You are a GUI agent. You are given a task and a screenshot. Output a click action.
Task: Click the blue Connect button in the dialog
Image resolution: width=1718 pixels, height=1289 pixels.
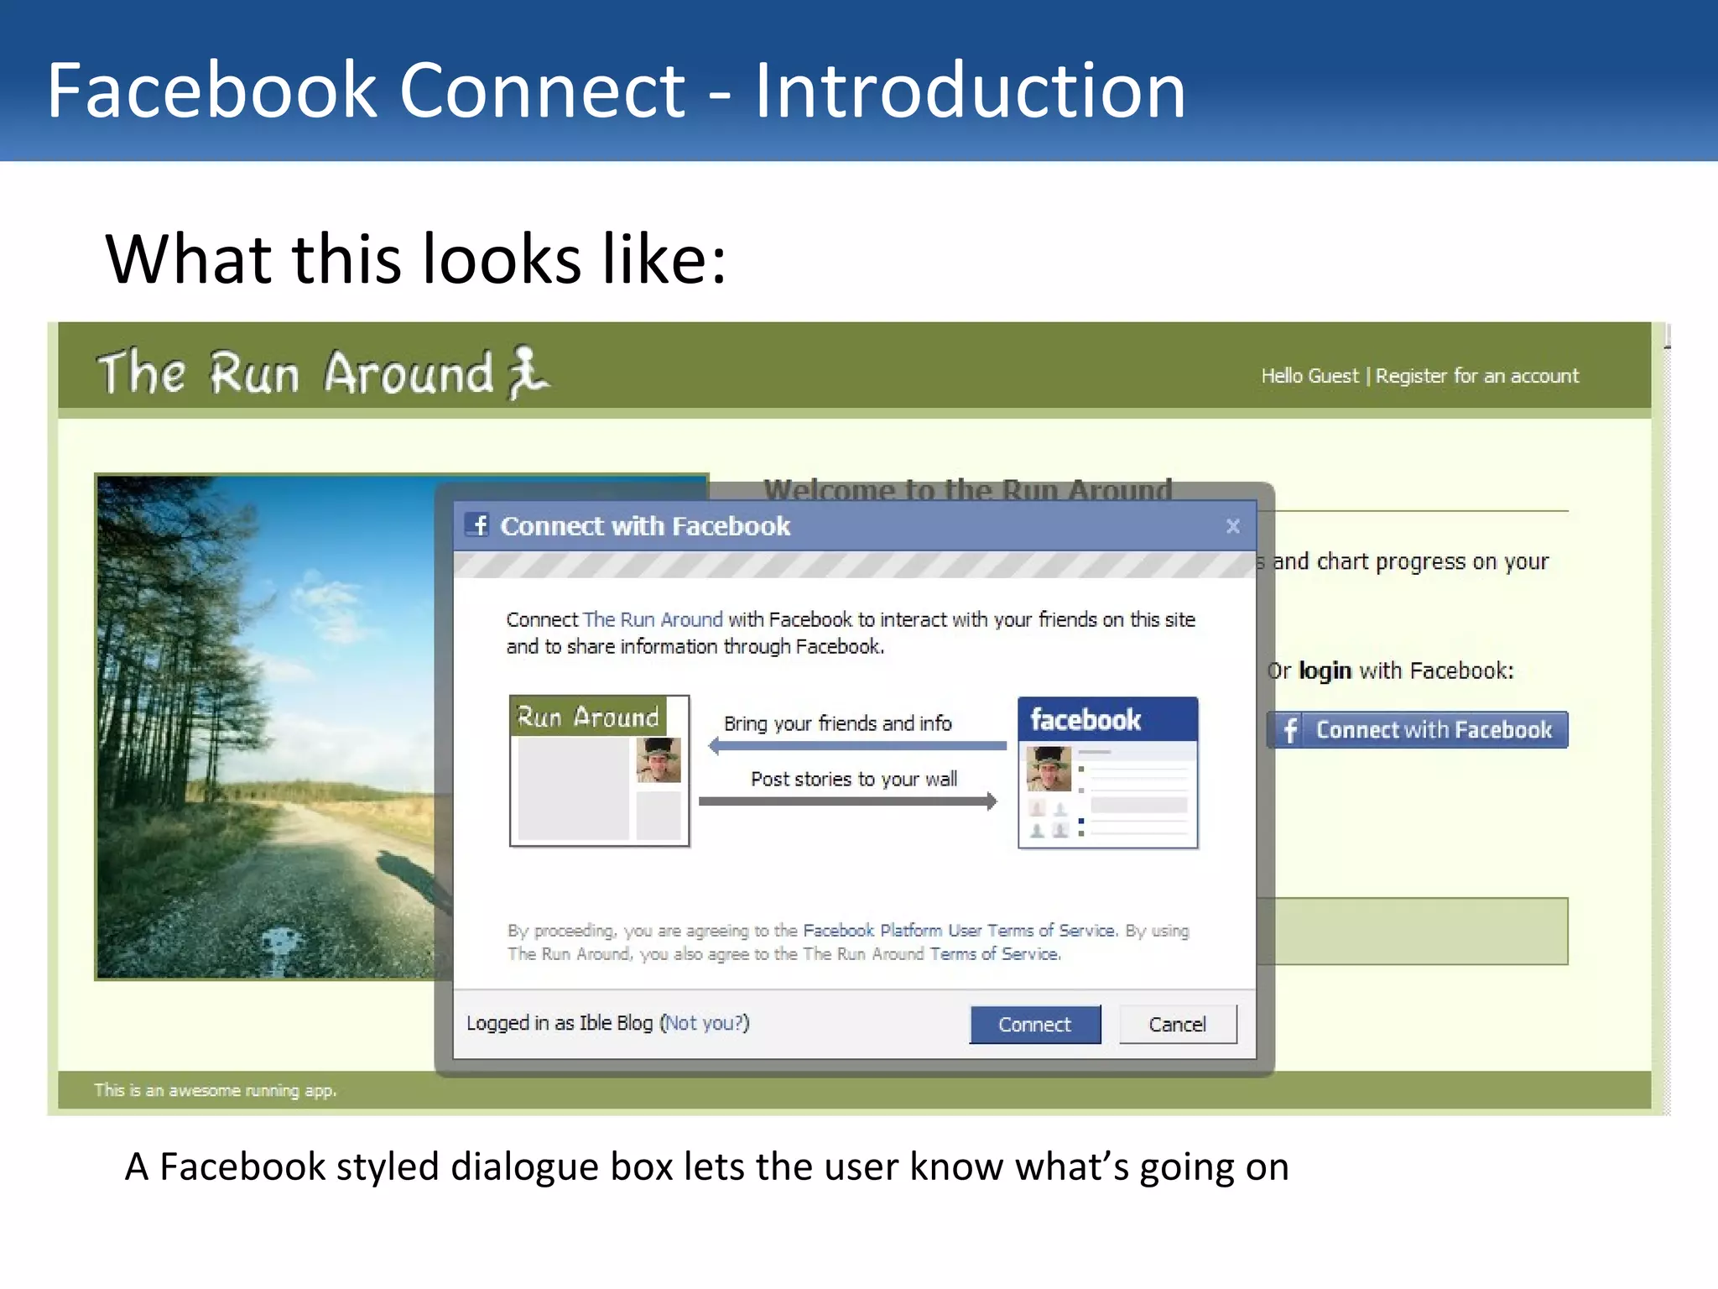click(x=1034, y=1025)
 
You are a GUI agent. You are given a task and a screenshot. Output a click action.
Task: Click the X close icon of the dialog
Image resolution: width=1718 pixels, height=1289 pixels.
click(x=1232, y=526)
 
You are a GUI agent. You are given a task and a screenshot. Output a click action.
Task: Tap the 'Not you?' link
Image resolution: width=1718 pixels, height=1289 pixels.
click(x=705, y=1023)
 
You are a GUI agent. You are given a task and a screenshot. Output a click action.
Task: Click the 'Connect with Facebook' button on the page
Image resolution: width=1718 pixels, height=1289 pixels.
click(x=1417, y=730)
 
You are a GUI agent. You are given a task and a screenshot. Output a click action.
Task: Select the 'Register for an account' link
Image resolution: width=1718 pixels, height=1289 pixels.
click(x=1476, y=376)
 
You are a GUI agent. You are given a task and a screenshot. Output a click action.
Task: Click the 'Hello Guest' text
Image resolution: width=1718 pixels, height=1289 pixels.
click(x=1309, y=376)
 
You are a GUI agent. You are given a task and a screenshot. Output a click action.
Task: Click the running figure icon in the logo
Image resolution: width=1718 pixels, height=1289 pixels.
click(x=528, y=373)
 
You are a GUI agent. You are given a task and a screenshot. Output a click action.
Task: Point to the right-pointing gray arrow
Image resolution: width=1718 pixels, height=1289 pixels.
click(x=848, y=801)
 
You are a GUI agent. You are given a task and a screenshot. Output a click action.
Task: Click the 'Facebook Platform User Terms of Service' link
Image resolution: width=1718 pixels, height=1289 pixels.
click(x=959, y=931)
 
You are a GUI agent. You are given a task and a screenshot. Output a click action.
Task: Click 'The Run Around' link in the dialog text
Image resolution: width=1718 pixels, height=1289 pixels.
click(x=652, y=620)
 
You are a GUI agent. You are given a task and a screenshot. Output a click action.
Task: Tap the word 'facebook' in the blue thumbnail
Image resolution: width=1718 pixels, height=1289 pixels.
click(x=1085, y=720)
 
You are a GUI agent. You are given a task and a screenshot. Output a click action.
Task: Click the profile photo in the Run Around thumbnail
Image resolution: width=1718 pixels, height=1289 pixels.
click(x=659, y=760)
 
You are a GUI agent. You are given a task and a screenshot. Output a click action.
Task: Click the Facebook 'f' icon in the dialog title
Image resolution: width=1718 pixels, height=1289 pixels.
click(x=478, y=525)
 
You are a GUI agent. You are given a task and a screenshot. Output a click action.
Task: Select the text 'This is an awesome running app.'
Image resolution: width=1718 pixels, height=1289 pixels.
click(x=215, y=1091)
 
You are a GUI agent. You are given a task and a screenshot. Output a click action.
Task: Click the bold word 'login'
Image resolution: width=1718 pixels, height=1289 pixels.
click(x=1325, y=671)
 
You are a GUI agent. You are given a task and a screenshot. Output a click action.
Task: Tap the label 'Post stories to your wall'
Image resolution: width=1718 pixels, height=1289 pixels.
click(x=853, y=780)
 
